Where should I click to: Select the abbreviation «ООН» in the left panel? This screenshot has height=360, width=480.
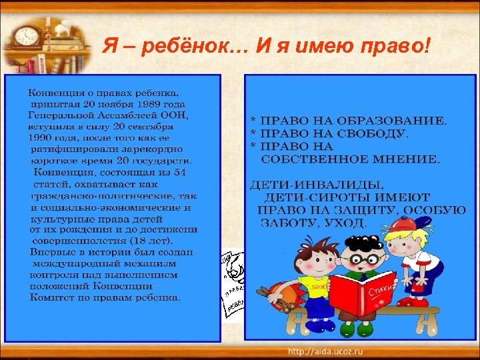(176, 115)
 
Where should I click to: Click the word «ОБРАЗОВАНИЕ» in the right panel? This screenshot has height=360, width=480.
(393, 121)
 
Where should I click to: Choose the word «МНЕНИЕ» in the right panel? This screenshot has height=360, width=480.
(406, 159)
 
